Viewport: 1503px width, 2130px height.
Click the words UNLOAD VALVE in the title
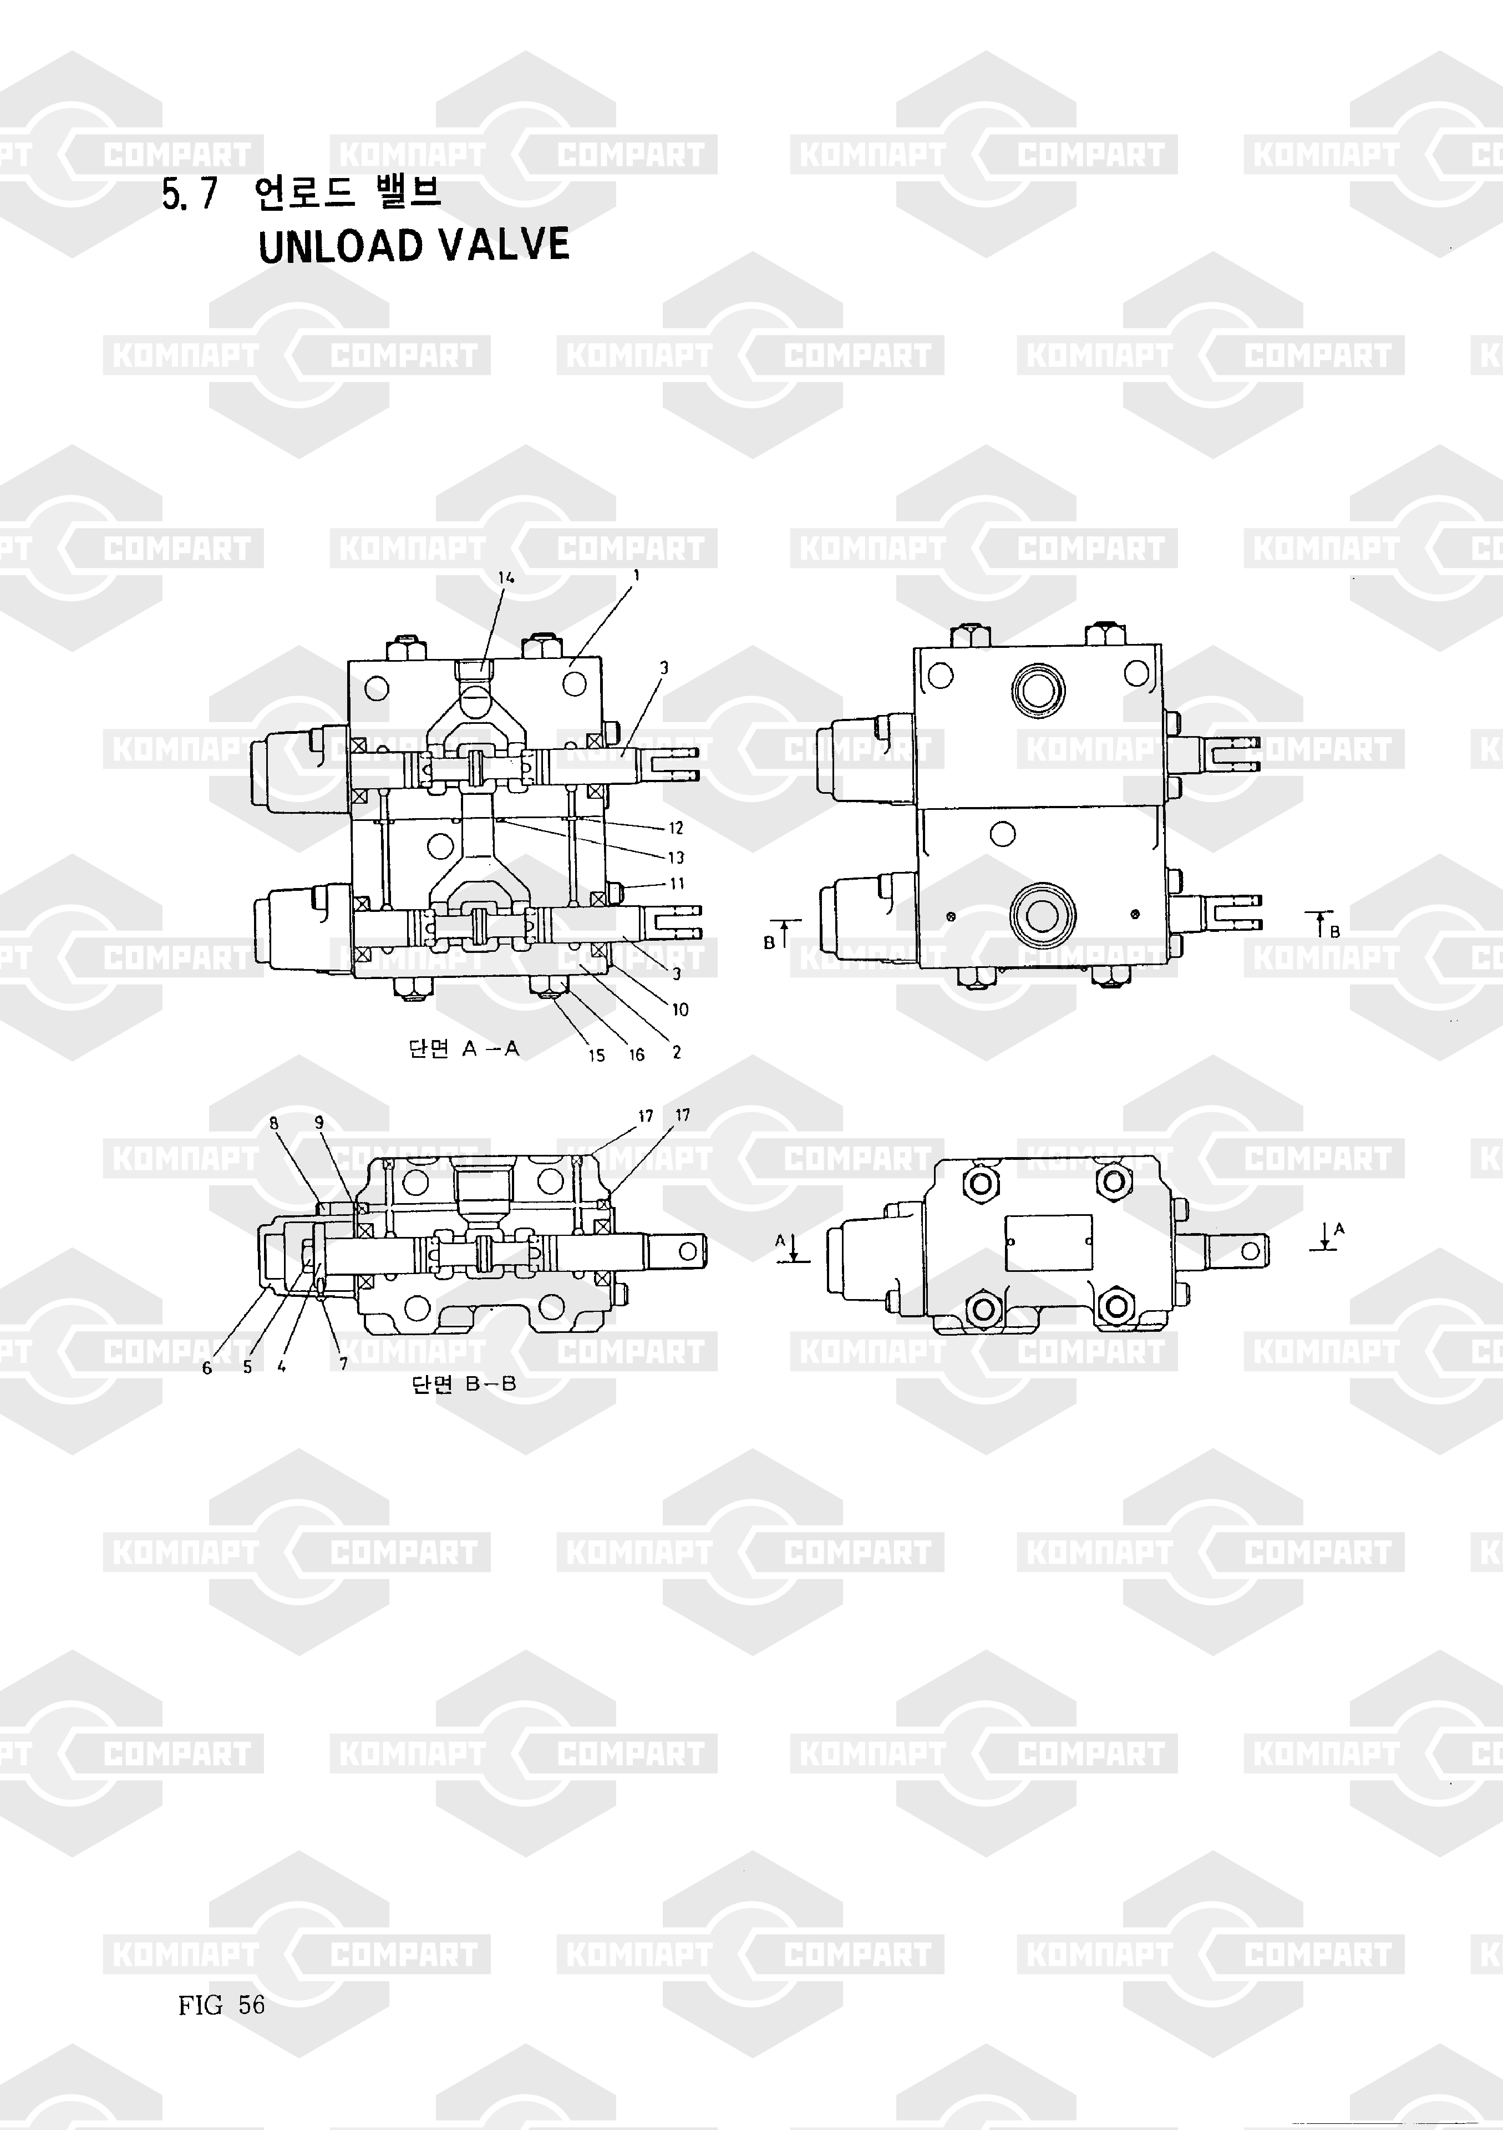[414, 245]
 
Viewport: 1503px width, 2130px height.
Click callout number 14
[506, 577]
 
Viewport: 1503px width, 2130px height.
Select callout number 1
[637, 575]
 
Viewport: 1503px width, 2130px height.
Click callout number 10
[680, 1010]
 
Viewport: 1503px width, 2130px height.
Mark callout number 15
[597, 1056]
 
